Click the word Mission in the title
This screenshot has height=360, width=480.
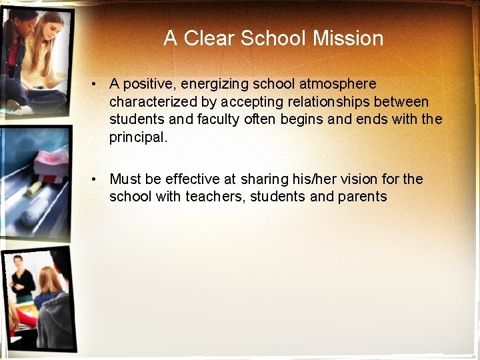click(348, 38)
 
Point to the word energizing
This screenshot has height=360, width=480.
click(212, 84)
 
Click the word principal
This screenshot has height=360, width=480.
click(138, 138)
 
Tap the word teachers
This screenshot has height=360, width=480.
click(214, 197)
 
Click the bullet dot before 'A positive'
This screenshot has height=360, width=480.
click(97, 84)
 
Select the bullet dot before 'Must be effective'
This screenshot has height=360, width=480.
click(97, 179)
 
